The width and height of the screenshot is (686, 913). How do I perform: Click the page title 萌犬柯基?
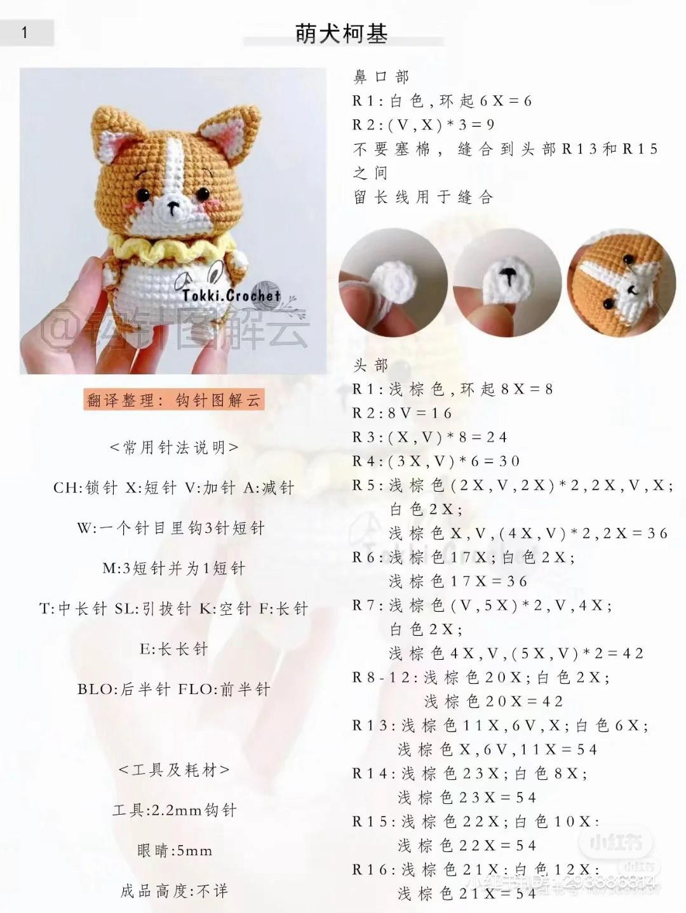tap(342, 33)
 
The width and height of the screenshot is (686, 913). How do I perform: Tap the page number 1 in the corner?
tap(25, 32)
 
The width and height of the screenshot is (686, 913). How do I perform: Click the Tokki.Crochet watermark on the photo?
tap(231, 295)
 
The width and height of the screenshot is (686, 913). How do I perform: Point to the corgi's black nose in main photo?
tap(171, 204)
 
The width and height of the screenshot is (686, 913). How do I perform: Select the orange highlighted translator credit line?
tap(174, 400)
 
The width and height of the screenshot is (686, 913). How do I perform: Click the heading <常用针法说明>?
tap(174, 448)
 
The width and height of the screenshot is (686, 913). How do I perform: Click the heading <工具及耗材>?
tap(174, 770)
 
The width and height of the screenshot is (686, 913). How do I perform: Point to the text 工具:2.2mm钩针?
tap(174, 810)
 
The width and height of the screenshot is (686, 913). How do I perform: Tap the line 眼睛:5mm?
tap(174, 851)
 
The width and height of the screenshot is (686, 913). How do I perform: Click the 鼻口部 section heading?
tap(381, 77)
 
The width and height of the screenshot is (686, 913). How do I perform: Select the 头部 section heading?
tap(370, 365)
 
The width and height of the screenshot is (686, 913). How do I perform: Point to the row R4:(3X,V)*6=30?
tap(436, 461)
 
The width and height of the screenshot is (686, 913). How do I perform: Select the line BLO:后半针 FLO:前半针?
tap(174, 689)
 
